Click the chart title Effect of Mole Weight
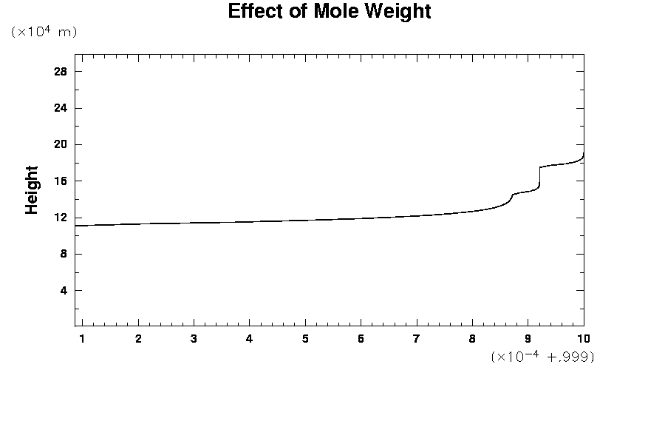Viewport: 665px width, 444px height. (329, 12)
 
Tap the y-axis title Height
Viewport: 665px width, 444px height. (32, 190)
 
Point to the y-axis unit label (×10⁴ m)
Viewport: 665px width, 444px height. (44, 33)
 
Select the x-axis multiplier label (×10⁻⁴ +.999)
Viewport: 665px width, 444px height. (542, 357)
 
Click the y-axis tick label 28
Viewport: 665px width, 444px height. (61, 72)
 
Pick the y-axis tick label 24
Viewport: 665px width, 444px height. (61, 108)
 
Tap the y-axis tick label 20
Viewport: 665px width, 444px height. (61, 144)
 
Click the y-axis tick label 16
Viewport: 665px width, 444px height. (61, 181)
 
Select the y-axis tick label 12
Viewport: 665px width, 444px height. (61, 218)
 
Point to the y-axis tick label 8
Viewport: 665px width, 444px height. (64, 254)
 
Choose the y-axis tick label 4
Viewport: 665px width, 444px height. (64, 290)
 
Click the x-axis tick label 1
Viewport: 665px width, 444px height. (82, 339)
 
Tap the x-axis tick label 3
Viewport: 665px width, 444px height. (194, 339)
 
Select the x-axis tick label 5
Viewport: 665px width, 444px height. (305, 339)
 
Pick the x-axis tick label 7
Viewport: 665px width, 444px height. (417, 339)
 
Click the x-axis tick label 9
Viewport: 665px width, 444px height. (528, 339)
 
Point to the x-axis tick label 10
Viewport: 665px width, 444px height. (583, 339)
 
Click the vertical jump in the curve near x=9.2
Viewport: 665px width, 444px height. (540, 178)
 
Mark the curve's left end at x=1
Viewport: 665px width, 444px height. (76, 225)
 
